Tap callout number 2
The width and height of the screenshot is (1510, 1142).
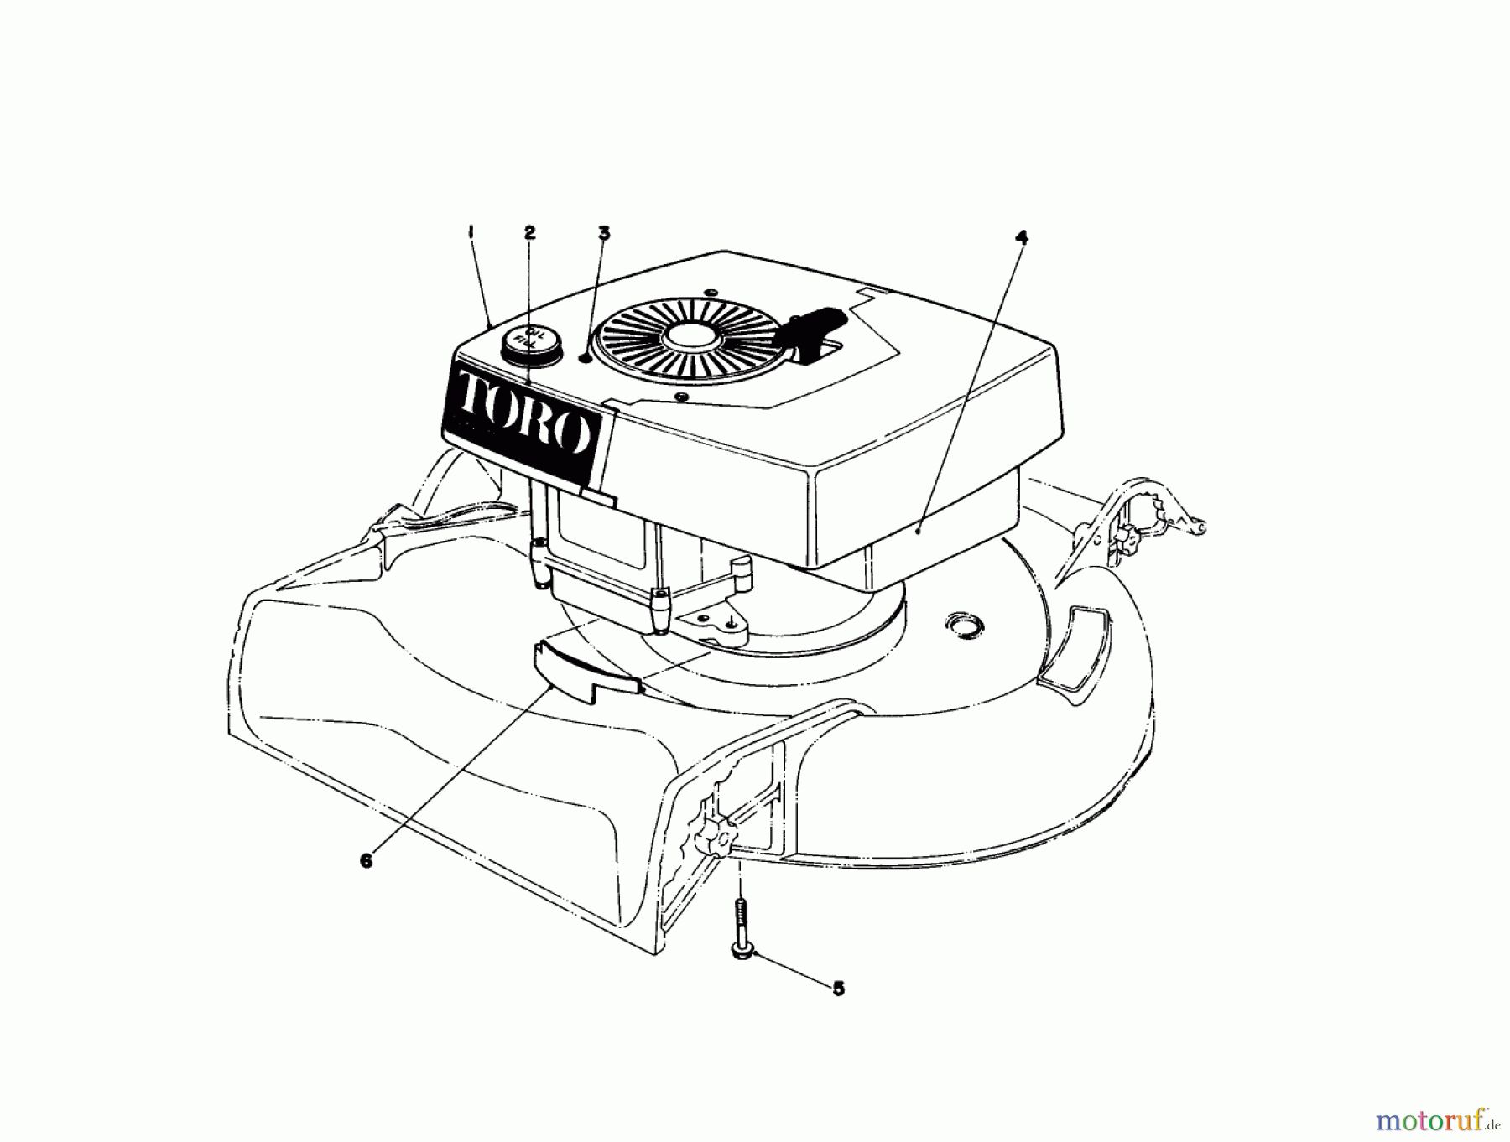tap(529, 232)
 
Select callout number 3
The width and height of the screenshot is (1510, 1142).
tap(604, 232)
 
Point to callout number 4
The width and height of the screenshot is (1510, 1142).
tap(1020, 237)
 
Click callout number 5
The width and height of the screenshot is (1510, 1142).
tap(838, 989)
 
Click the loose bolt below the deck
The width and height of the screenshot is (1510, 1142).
tap(741, 930)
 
